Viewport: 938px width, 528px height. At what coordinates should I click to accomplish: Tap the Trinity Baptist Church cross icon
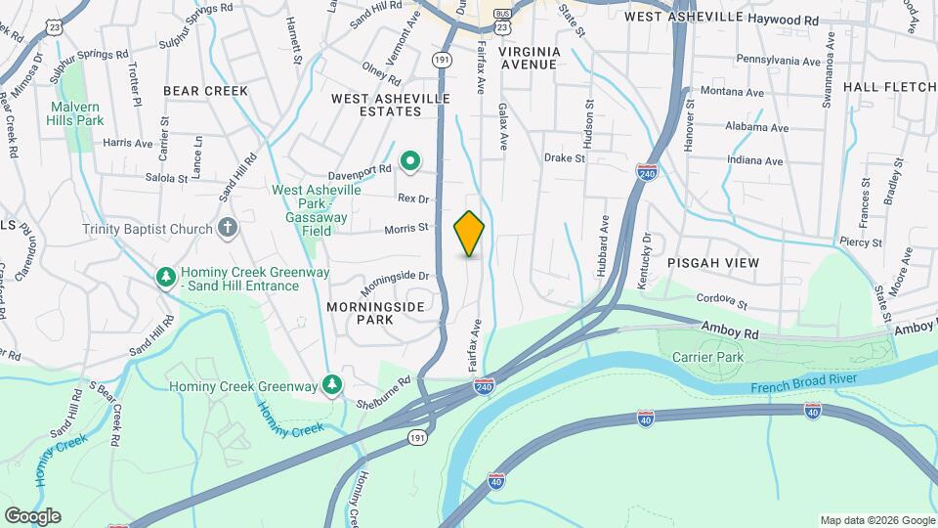[x=228, y=229]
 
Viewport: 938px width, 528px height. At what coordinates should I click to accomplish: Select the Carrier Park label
[x=708, y=357]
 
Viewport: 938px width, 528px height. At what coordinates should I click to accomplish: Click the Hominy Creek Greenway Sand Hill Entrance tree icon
[x=167, y=278]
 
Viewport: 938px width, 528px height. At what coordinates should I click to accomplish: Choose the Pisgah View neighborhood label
[x=712, y=264]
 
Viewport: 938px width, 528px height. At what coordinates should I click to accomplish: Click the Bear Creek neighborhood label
[x=205, y=91]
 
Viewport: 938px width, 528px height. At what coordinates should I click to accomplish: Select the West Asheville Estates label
[x=391, y=106]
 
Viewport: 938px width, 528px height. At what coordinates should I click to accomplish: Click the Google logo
[x=32, y=516]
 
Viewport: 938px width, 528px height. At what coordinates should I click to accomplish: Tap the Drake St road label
[x=565, y=157]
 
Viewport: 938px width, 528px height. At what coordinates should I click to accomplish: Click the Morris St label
[x=406, y=228]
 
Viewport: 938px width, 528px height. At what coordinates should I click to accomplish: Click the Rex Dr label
[x=414, y=198]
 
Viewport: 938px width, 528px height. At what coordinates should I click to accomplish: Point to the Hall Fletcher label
[x=888, y=87]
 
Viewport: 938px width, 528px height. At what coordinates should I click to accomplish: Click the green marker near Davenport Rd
[x=411, y=160]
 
